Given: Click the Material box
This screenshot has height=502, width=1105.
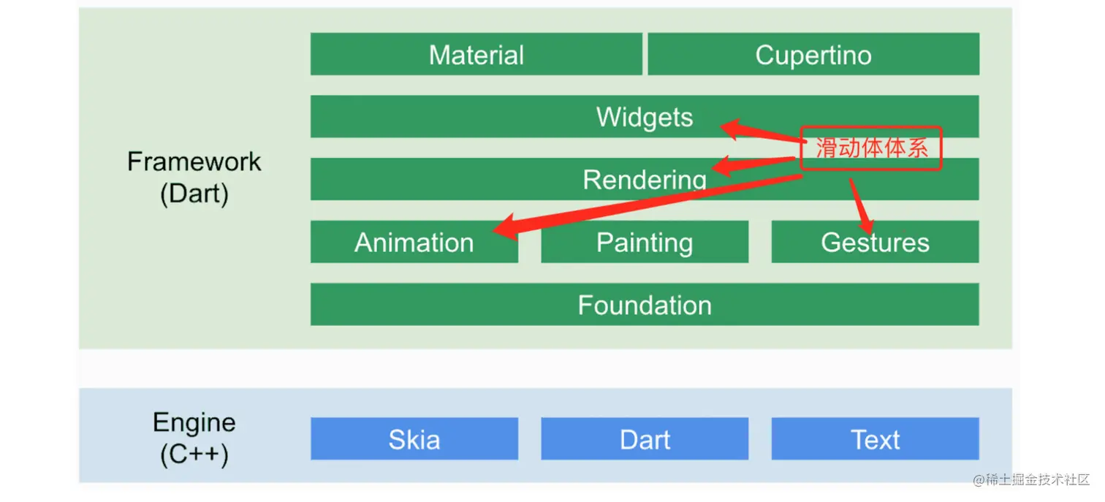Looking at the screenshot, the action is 476,54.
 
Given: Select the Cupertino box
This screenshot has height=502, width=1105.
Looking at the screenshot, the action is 813,54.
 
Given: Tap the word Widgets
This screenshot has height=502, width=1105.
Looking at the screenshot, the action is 644,117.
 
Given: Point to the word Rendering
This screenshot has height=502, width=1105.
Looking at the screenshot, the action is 644,180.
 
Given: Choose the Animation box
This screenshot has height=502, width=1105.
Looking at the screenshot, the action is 414,242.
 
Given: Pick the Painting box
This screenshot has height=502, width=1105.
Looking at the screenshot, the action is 644,242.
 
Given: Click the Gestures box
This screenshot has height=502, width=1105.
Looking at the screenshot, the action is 875,242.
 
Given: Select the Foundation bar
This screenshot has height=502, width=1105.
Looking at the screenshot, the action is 644,305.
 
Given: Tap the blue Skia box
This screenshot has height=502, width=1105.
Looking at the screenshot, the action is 414,439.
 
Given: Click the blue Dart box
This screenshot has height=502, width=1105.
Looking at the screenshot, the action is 644,439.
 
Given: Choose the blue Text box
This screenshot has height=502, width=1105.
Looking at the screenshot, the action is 875,439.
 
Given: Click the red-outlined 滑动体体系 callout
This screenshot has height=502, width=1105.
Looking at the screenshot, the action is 870,148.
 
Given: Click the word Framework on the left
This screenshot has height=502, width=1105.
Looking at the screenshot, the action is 194,161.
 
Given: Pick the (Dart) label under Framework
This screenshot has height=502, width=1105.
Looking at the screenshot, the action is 194,194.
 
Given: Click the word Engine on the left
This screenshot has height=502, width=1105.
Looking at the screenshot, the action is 194,422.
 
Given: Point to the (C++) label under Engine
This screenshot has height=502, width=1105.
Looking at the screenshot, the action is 194,455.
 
